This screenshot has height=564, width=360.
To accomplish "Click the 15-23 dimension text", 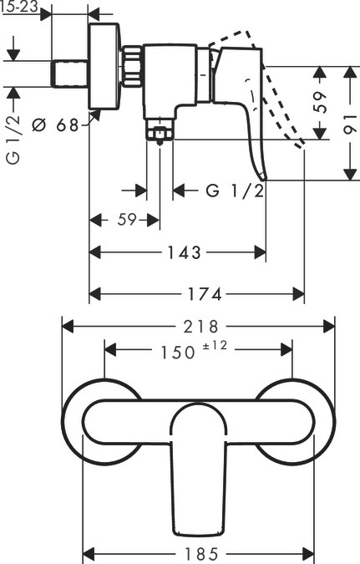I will point(18,7).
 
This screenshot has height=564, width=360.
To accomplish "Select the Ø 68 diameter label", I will point(55,125).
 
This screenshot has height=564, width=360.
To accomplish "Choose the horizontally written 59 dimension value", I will point(126,221).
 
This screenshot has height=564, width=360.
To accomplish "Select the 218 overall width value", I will point(200,327).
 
